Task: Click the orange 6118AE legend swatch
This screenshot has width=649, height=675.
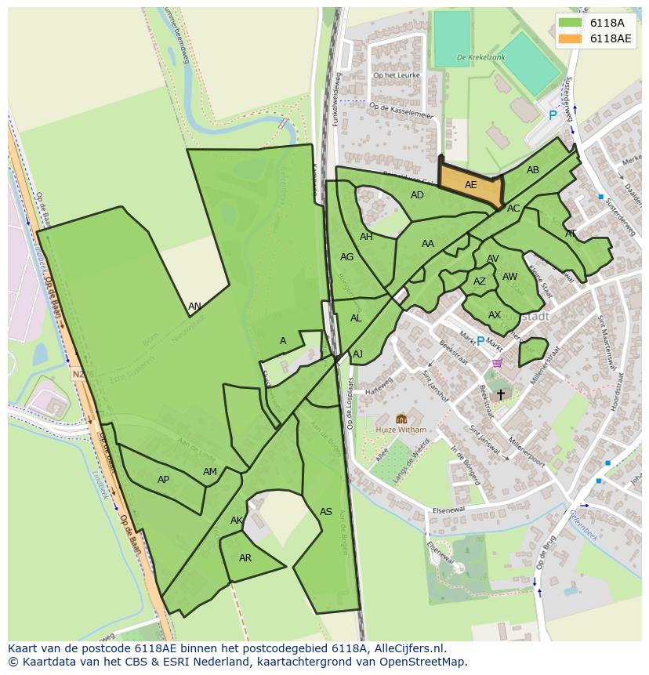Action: point(570,38)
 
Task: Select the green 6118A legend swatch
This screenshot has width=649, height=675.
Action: point(570,23)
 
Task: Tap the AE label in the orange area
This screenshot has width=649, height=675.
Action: point(470,185)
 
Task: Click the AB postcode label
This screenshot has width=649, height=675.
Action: point(533,170)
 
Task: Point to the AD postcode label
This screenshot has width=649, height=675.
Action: point(417,195)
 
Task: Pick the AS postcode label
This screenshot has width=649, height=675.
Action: point(326,512)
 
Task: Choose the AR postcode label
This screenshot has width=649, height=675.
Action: point(245,558)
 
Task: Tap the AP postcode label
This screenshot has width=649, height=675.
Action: point(163,480)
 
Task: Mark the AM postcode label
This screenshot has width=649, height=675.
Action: point(209,472)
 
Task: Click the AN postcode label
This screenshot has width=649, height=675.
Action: point(194,307)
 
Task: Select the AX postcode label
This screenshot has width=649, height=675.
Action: point(495,315)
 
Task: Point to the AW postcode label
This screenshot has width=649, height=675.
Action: point(509,277)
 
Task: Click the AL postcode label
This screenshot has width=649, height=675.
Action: point(356,318)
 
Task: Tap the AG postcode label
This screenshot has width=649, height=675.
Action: point(346,257)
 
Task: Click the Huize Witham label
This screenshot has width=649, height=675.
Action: point(401,430)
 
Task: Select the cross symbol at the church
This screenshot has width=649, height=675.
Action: point(501,394)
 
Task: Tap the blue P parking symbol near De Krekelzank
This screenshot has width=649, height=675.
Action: point(553,115)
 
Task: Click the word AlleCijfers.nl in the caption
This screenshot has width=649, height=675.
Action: point(406,648)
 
